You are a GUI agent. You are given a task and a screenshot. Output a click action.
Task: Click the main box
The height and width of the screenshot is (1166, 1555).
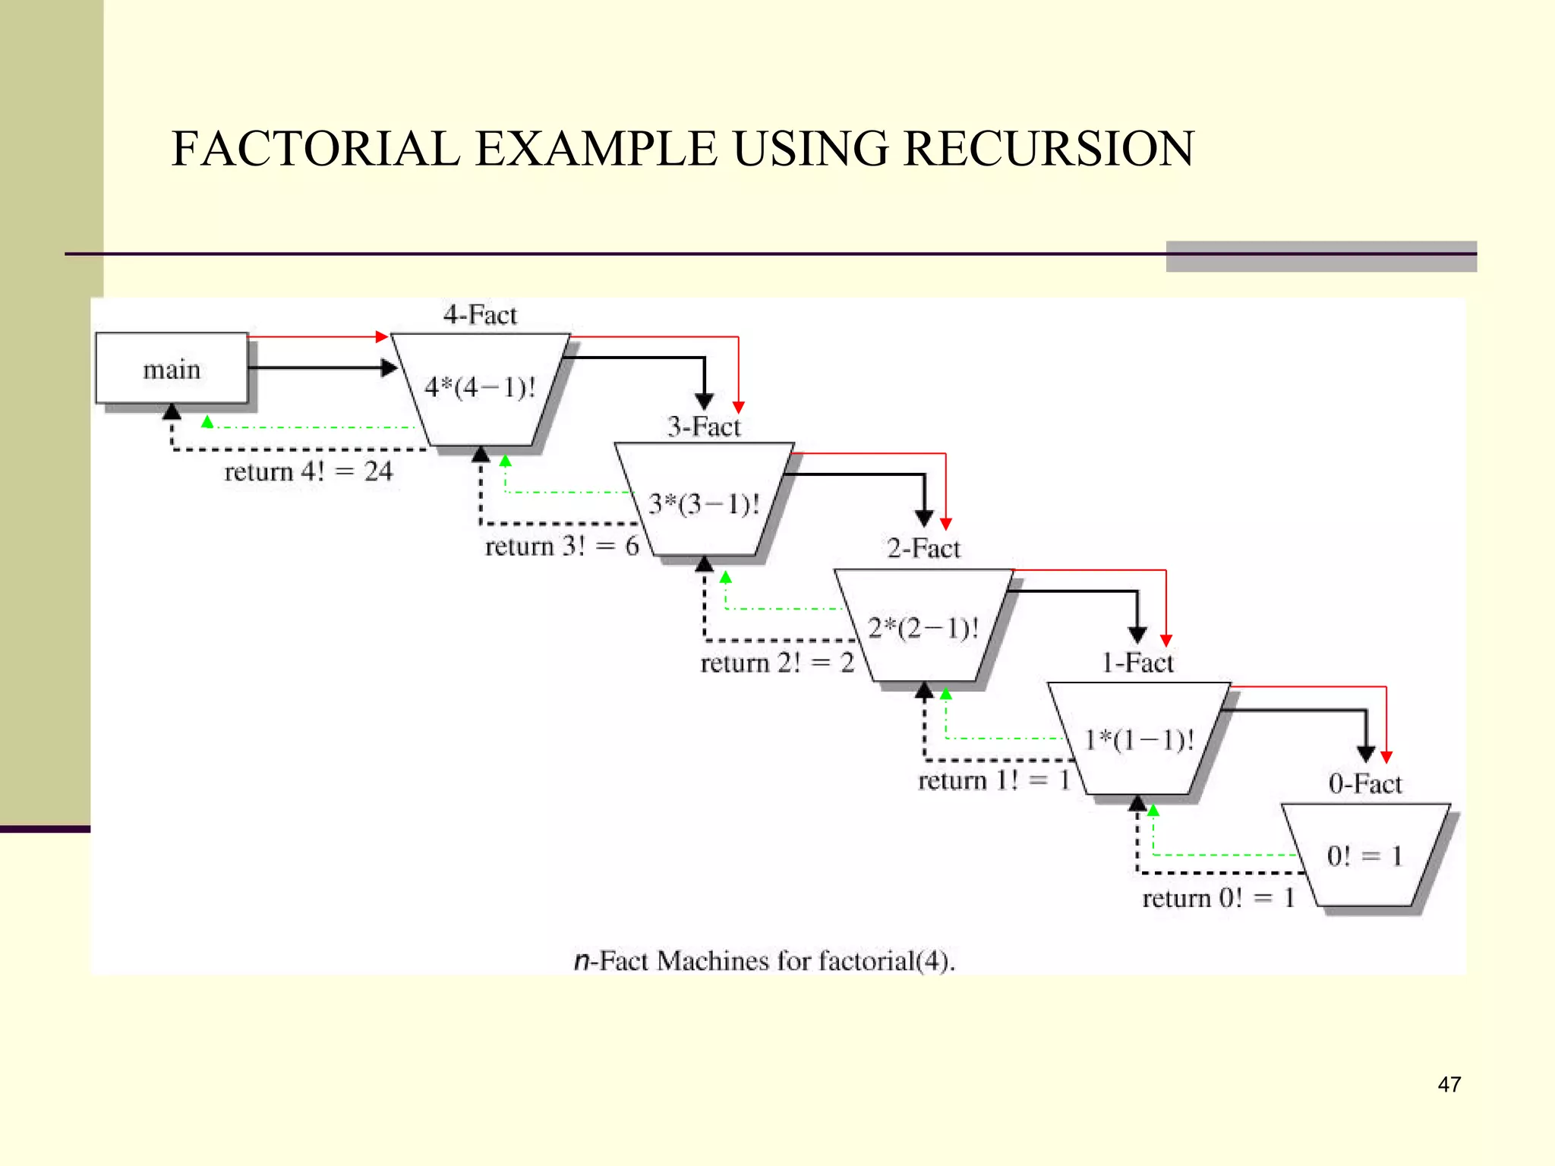coord(172,369)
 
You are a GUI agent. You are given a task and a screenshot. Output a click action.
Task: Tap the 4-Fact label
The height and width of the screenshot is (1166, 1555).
coord(480,315)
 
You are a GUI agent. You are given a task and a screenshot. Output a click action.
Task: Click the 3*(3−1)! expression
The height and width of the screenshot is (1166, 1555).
coord(704,504)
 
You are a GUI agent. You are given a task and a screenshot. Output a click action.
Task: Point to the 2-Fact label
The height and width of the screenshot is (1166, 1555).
coord(923,548)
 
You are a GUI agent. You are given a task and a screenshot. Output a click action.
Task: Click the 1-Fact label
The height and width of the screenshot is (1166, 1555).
coord(1137,663)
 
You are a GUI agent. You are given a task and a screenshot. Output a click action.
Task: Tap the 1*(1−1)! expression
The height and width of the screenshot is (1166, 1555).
coord(1139,739)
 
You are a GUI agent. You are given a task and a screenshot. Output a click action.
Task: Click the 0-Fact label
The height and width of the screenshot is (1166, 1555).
coord(1364,783)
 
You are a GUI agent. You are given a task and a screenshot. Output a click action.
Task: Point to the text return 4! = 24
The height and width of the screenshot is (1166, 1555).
coord(308,471)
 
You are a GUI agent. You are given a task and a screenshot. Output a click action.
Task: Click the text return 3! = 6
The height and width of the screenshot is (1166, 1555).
coord(562,546)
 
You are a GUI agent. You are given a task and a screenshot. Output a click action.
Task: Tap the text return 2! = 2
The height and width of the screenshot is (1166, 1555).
coord(777,663)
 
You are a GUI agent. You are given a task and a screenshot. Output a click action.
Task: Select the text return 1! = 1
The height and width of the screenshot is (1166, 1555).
coord(994,780)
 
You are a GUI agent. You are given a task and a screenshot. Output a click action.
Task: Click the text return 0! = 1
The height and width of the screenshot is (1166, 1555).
coord(1218,898)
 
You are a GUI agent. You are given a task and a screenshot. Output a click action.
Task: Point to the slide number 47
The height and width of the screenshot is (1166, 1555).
coord(1449,1084)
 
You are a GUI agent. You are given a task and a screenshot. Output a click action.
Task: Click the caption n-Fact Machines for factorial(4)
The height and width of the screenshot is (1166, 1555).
coord(764,961)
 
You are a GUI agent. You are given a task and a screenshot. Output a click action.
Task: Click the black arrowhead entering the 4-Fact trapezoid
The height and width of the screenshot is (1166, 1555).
coord(390,368)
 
